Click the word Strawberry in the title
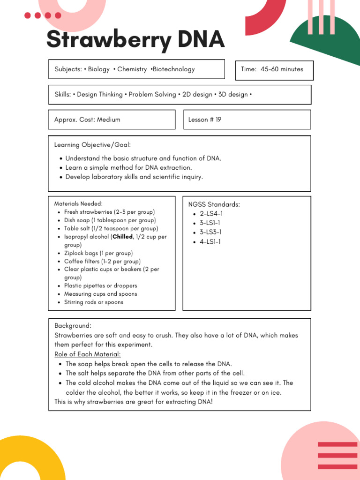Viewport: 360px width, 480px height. tap(109, 40)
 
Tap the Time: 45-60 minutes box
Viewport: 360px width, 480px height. tap(274, 69)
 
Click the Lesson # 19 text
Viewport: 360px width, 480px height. tap(204, 120)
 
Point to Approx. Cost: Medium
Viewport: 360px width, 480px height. tap(87, 120)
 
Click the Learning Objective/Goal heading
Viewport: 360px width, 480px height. tap(92, 145)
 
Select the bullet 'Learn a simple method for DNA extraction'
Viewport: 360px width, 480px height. tap(128, 168)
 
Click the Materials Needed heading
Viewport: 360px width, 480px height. tap(78, 203)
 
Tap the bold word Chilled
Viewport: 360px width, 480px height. tap(123, 237)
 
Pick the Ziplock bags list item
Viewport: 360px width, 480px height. tap(98, 253)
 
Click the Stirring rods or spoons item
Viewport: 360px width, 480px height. tap(93, 302)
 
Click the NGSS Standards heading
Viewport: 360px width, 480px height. tap(214, 204)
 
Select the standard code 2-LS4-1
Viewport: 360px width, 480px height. tap(211, 214)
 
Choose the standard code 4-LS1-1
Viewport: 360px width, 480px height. tap(210, 242)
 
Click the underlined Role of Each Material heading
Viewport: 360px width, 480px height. tap(88, 354)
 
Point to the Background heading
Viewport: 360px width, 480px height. tap(73, 325)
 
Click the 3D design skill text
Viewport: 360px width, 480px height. tap(233, 95)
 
